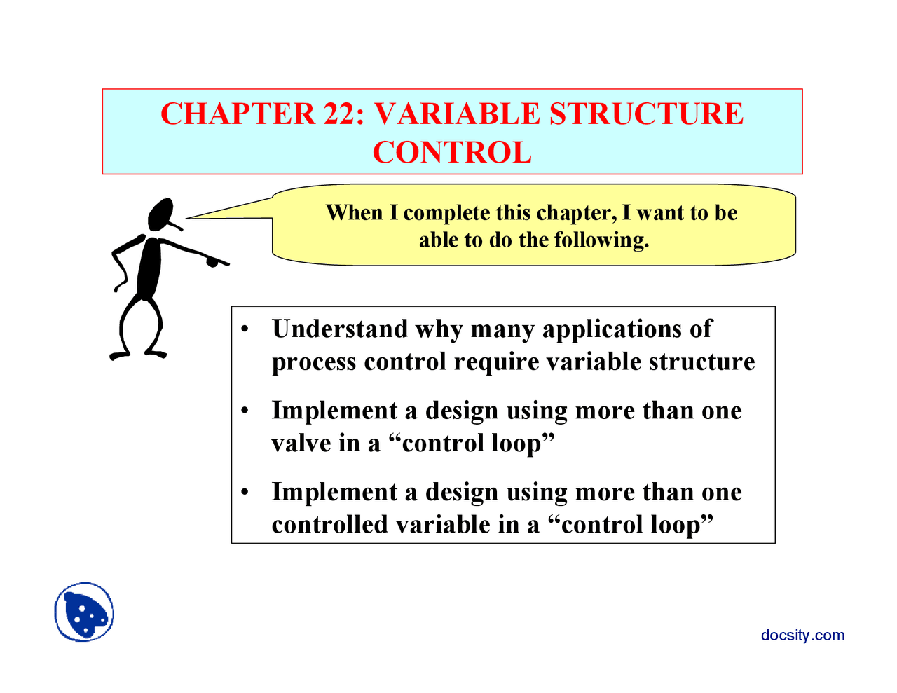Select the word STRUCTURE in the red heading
point(646,114)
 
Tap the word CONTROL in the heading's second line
point(452,152)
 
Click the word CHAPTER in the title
point(238,114)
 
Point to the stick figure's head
point(161,214)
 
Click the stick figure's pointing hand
point(213,261)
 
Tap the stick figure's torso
point(149,268)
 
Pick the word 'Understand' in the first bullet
point(340,329)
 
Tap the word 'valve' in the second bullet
point(301,444)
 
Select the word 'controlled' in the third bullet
point(329,525)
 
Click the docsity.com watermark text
point(803,636)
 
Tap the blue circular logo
point(84,612)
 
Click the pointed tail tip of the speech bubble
point(186,218)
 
